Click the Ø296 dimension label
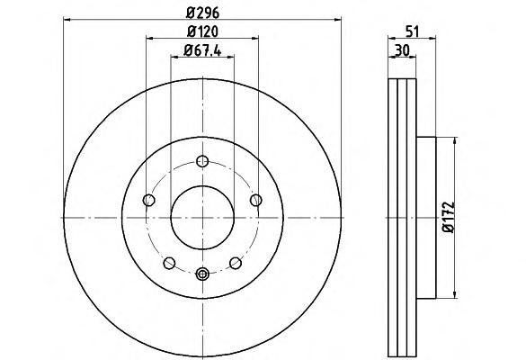tap(202, 13)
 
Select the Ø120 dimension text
tap(202, 31)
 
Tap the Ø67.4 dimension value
tap(202, 50)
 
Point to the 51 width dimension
tap(413, 31)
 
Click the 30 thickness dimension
tap(402, 50)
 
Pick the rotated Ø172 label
tap(448, 217)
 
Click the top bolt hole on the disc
tap(202, 161)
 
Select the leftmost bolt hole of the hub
tap(148, 200)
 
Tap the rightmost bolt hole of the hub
tap(256, 200)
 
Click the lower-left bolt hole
tap(169, 263)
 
